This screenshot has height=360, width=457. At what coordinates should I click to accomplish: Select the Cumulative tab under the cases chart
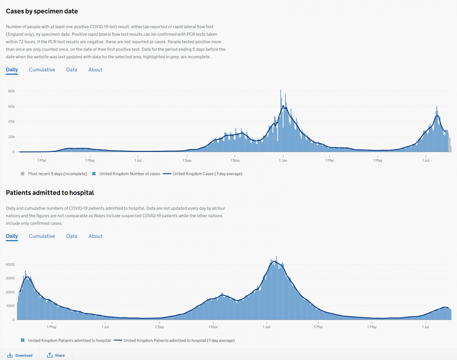click(42, 70)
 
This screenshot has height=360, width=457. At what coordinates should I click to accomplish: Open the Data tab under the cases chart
click(72, 70)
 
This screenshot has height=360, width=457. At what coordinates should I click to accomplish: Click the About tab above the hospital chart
click(95, 236)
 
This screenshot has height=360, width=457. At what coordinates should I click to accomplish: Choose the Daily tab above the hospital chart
click(12, 236)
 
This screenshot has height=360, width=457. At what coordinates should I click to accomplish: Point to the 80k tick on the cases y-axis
click(11, 91)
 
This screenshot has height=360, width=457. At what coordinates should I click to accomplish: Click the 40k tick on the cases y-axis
click(11, 121)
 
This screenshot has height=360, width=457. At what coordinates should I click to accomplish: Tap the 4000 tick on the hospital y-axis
click(10, 265)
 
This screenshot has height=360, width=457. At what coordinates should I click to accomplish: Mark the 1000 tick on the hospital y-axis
click(10, 306)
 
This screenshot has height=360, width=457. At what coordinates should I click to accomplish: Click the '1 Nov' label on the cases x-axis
click(235, 160)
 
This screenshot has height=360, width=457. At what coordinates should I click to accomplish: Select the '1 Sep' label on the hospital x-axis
click(159, 327)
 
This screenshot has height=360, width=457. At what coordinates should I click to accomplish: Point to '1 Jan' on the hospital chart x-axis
click(266, 327)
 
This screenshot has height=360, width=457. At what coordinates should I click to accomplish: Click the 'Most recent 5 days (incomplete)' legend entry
click(57, 174)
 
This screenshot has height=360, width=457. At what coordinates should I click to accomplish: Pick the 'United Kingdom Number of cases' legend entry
click(129, 174)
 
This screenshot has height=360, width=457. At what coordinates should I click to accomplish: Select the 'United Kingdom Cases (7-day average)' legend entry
click(207, 174)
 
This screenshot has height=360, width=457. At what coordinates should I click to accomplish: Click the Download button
click(20, 355)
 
